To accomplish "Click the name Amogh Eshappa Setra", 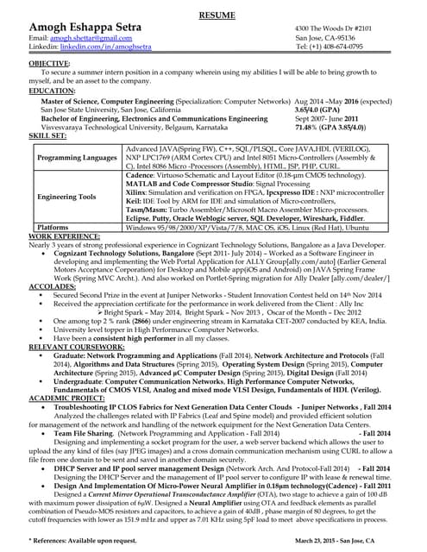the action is pos(85,28).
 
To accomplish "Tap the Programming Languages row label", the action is pos(77,159).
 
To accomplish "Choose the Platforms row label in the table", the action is pos(53,227).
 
